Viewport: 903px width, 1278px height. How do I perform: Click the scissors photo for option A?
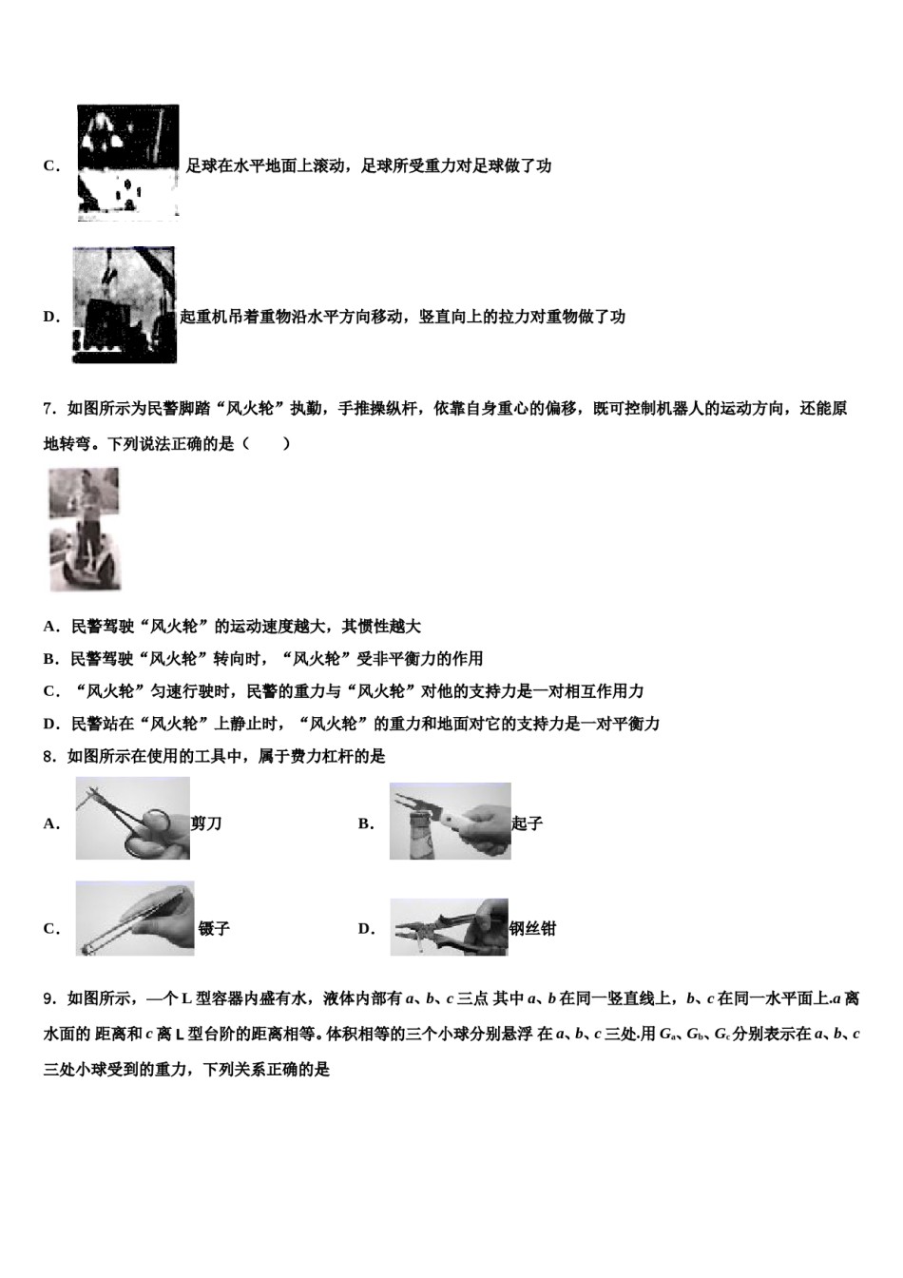[133, 819]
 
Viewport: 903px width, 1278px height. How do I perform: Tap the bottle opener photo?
[450, 822]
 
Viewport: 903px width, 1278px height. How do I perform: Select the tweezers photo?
[135, 919]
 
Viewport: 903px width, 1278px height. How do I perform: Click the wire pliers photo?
[449, 927]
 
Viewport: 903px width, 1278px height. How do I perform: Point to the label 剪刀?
[206, 823]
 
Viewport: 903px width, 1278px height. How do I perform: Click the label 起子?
[527, 823]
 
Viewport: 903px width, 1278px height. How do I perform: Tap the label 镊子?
[214, 929]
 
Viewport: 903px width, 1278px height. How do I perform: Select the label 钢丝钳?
[532, 929]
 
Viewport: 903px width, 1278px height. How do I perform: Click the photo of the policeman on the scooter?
[86, 529]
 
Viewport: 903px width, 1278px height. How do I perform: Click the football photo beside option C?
[128, 163]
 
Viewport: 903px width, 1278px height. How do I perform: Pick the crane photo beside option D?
[124, 304]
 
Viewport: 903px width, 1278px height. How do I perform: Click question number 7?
[49, 409]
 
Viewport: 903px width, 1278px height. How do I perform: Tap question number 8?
[49, 757]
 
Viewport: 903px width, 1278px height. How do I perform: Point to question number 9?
[49, 998]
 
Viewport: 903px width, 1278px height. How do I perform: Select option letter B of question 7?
[50, 659]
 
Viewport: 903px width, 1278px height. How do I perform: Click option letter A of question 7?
[50, 627]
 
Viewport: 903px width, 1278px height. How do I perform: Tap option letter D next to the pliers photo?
[366, 929]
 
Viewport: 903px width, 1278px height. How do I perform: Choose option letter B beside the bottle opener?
[366, 823]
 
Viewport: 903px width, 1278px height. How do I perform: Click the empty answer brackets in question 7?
[266, 443]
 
